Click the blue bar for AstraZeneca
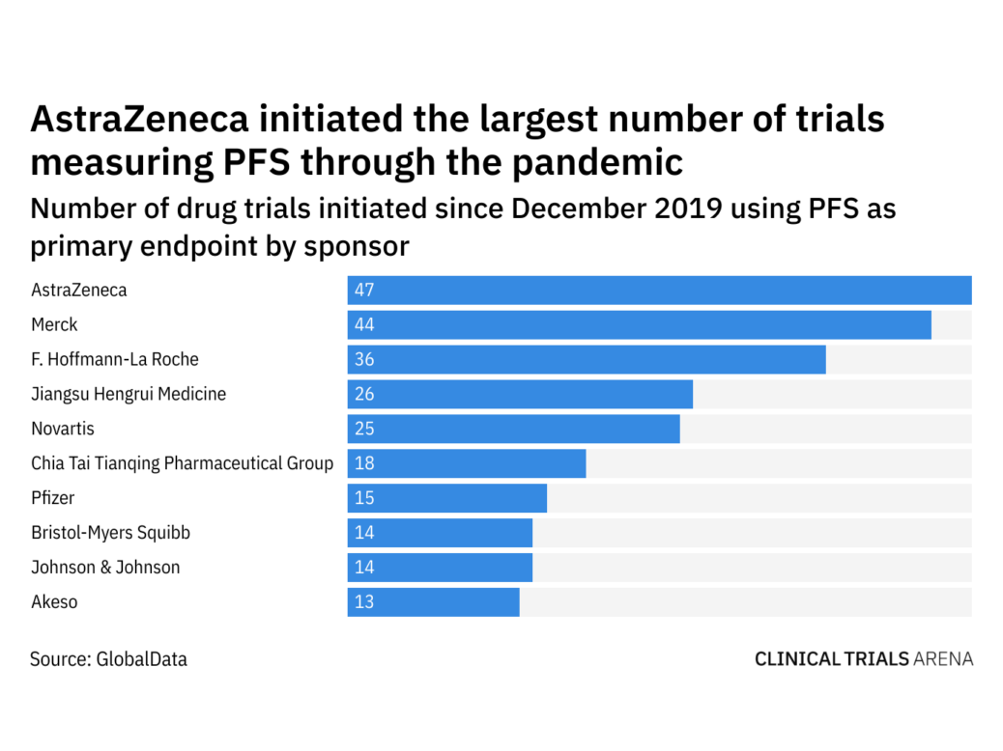click(659, 290)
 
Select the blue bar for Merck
click(639, 324)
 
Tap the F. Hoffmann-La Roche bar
click(587, 359)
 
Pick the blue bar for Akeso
click(433, 602)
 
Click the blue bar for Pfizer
click(447, 498)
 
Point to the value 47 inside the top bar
click(364, 290)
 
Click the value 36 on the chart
click(364, 359)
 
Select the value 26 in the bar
click(364, 394)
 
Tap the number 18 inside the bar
click(364, 463)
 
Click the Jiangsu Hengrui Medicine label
click(129, 394)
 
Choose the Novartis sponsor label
click(63, 429)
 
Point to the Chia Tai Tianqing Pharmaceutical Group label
click(182, 463)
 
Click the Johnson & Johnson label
click(105, 568)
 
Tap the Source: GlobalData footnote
click(108, 659)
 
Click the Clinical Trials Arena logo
click(863, 659)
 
